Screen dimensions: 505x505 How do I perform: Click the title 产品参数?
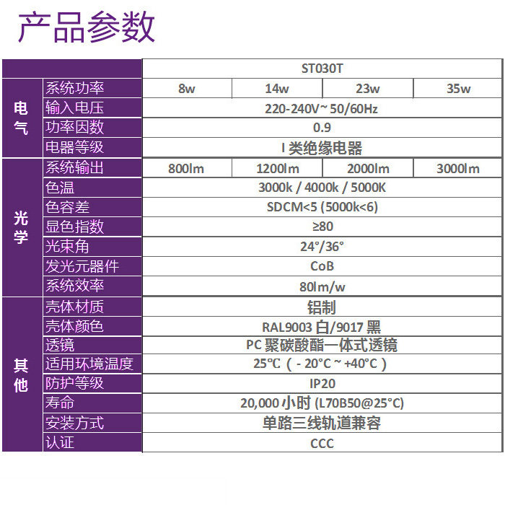pyautogui.click(x=86, y=29)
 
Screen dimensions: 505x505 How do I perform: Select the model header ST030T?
pyautogui.click(x=322, y=69)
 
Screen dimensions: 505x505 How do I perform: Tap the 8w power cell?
pyautogui.click(x=187, y=89)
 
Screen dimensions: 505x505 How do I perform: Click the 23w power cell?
pyautogui.click(x=367, y=89)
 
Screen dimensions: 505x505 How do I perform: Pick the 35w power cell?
pyautogui.click(x=458, y=89)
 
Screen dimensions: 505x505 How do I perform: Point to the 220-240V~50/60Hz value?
pyautogui.click(x=322, y=109)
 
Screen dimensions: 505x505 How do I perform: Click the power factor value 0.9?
pyautogui.click(x=322, y=128)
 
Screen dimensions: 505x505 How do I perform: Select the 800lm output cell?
pyautogui.click(x=187, y=169)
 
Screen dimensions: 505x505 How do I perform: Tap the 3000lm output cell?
pyautogui.click(x=458, y=169)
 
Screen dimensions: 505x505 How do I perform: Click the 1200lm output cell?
pyautogui.click(x=278, y=169)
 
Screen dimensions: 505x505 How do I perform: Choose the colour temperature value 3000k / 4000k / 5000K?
pyautogui.click(x=322, y=188)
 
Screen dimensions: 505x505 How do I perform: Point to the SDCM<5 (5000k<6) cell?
pyautogui.click(x=322, y=207)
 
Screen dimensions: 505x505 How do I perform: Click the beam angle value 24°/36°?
pyautogui.click(x=322, y=246)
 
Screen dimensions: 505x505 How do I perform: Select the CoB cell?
pyautogui.click(x=322, y=266)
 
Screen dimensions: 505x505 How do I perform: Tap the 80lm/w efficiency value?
pyautogui.click(x=322, y=286)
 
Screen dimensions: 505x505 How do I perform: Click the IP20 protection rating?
pyautogui.click(x=322, y=384)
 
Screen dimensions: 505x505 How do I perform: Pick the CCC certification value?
pyautogui.click(x=322, y=443)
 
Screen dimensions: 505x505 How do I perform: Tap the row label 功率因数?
pyautogui.click(x=75, y=128)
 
